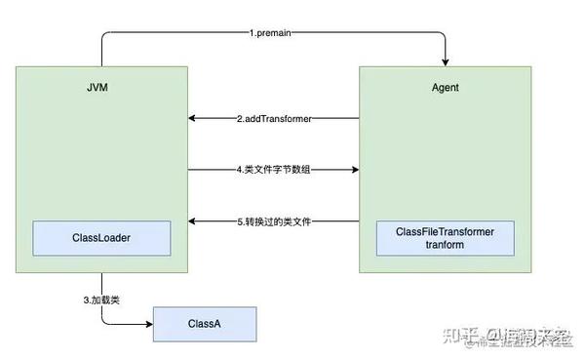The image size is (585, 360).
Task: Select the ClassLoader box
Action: pos(101,237)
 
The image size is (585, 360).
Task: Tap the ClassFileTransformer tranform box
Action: pos(445,238)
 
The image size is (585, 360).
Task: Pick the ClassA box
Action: pos(205,323)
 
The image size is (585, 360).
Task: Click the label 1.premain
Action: pos(275,33)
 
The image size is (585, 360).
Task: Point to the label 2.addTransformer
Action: pos(275,119)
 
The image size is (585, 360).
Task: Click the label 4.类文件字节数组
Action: pos(275,170)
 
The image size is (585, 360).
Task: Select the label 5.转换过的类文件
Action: pos(275,221)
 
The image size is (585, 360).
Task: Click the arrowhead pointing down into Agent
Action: pos(445,61)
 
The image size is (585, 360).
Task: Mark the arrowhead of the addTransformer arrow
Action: pos(193,119)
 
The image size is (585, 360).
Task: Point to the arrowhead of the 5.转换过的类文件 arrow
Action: pos(193,221)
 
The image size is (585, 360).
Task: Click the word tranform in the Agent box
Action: pos(445,245)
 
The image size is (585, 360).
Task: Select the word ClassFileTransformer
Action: pos(445,231)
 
